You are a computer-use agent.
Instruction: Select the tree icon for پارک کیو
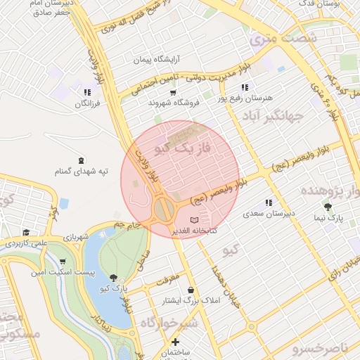coord(114,278)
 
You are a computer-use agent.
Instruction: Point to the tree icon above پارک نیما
coord(327,206)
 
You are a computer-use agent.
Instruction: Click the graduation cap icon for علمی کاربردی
coord(26,233)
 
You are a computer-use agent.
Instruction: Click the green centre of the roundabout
coord(165,209)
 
